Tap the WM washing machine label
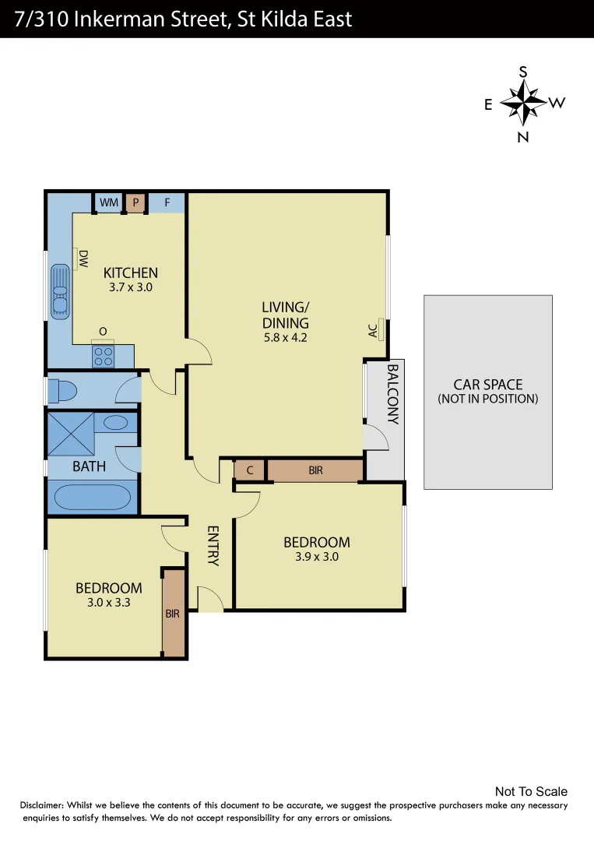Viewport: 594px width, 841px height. pyautogui.click(x=109, y=202)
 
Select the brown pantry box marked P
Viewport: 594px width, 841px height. pyautogui.click(x=135, y=202)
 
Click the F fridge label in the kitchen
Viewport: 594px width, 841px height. pyautogui.click(x=167, y=202)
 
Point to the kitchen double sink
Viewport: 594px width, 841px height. pyautogui.click(x=59, y=291)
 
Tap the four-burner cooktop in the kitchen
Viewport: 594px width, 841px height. pyautogui.click(x=103, y=357)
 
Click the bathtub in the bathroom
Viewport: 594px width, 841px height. pyautogui.click(x=92, y=497)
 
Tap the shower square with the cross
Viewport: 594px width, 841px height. pyautogui.click(x=70, y=433)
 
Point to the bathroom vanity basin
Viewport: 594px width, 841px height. pyautogui.click(x=116, y=423)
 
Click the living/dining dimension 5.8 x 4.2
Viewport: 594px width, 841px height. pyautogui.click(x=285, y=338)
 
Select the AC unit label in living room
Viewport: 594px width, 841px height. pyautogui.click(x=374, y=330)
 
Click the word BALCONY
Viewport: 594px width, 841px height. pyautogui.click(x=392, y=394)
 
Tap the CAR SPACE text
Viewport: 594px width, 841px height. pyautogui.click(x=487, y=385)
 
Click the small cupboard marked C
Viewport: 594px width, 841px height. pyautogui.click(x=249, y=470)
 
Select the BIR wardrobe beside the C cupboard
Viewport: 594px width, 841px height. pyautogui.click(x=315, y=470)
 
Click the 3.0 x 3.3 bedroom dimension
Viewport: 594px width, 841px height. pyautogui.click(x=108, y=601)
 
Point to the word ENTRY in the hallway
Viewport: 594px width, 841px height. pyautogui.click(x=213, y=546)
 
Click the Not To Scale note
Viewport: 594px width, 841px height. pyautogui.click(x=531, y=791)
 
